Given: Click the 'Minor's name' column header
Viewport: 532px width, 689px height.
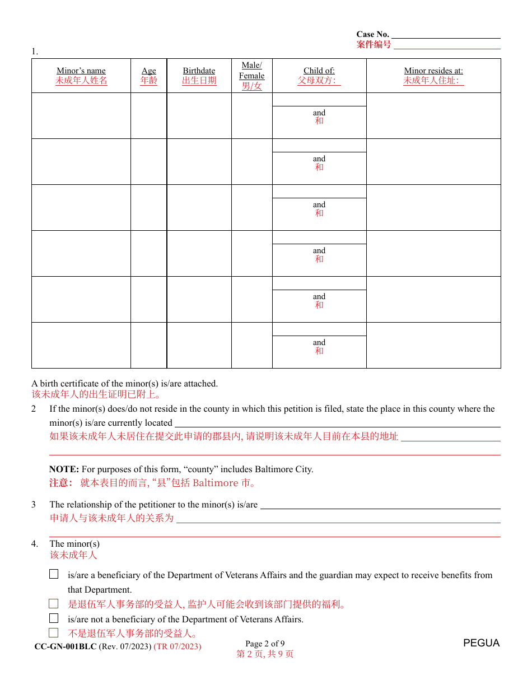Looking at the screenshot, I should (81, 71).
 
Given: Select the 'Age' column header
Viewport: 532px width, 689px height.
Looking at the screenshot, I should (149, 71).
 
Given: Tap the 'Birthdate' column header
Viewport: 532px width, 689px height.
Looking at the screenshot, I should (199, 71).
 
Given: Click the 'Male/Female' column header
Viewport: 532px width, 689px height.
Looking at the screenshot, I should (251, 71).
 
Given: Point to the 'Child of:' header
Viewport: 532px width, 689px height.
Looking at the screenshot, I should (319, 71).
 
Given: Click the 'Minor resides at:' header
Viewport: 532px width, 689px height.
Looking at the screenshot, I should (433, 71).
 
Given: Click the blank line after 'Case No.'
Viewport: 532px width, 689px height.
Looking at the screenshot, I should (446, 35).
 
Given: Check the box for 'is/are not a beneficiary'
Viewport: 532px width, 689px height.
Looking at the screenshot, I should (54, 618).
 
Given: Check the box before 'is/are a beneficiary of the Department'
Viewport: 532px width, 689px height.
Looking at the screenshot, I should (54, 574).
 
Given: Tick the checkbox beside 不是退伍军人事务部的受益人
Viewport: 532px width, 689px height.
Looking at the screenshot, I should (54, 633).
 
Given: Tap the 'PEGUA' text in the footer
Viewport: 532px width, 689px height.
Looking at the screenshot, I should (481, 643).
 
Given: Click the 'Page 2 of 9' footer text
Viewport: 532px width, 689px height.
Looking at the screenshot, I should (265, 644).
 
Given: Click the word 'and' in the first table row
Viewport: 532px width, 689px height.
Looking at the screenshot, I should (319, 113).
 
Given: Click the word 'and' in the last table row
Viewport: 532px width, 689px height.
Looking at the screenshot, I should (319, 342).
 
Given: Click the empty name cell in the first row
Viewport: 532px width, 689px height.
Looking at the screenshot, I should (81, 115).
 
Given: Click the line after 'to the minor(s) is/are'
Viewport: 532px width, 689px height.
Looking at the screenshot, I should (380, 505).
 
